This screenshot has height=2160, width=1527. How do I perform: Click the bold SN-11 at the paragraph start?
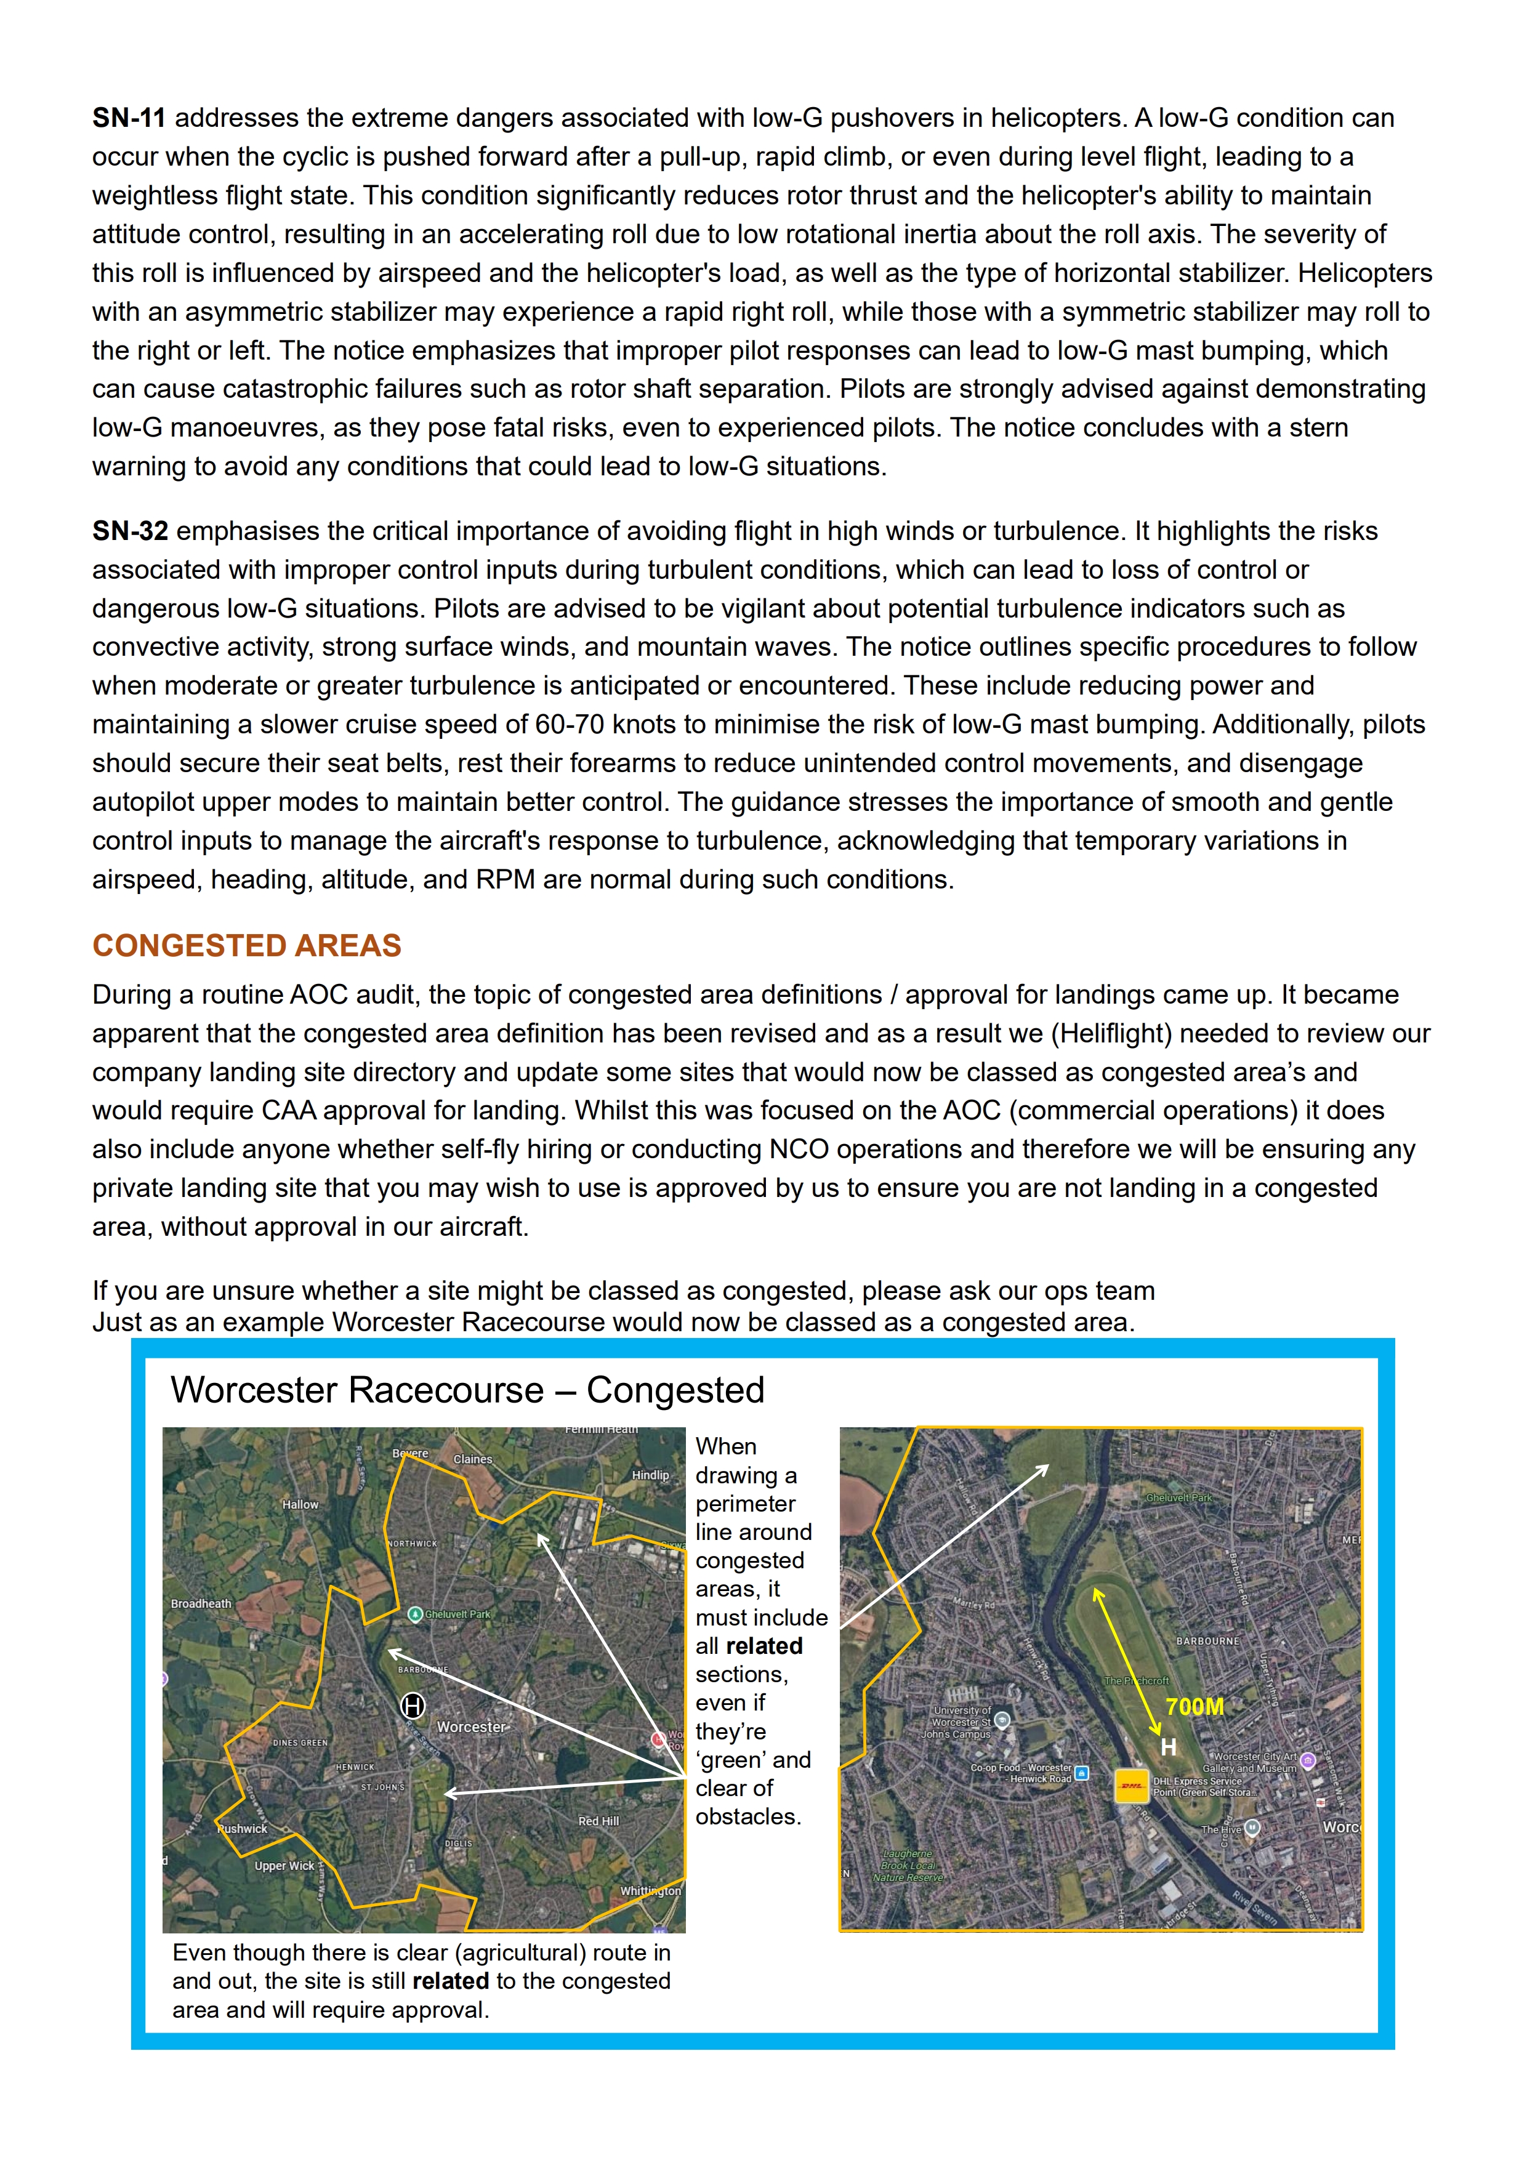point(129,119)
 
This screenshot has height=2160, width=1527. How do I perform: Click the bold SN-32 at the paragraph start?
point(130,531)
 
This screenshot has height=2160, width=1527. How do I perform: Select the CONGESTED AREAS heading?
point(246,946)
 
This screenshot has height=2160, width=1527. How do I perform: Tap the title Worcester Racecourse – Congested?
point(467,1390)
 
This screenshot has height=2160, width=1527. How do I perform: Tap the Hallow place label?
point(300,1504)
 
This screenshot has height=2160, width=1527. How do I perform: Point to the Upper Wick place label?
point(284,1866)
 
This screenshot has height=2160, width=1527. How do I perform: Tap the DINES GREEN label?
point(300,1743)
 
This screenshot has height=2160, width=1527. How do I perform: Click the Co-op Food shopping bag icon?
point(1082,1773)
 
